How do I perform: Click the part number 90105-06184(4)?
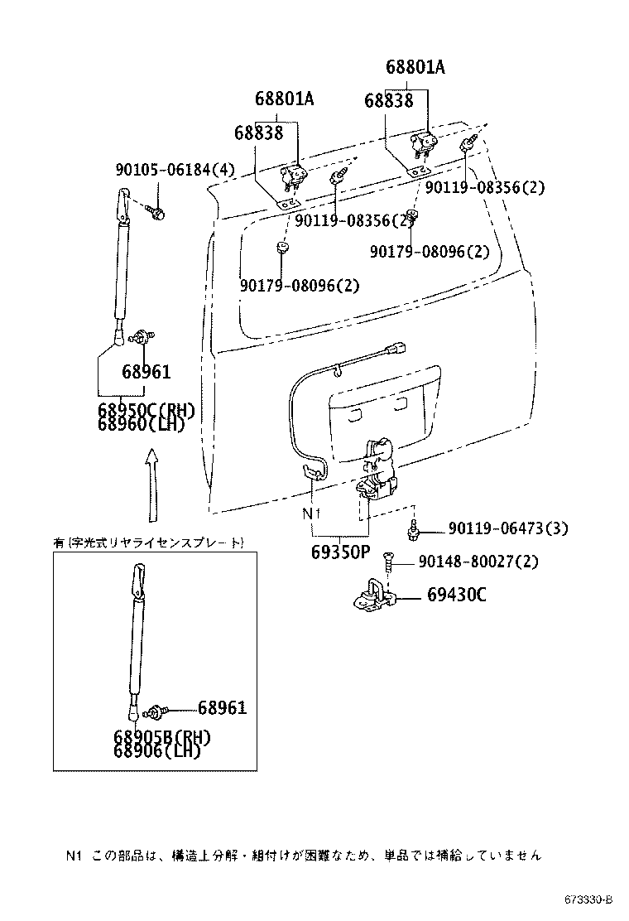click(x=175, y=171)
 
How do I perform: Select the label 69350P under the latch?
click(x=339, y=552)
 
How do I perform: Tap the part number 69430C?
click(x=457, y=596)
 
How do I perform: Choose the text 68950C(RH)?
click(x=145, y=410)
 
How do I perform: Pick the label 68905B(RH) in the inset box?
click(x=162, y=737)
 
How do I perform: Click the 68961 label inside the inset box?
click(x=222, y=708)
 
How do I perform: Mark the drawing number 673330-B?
click(x=588, y=899)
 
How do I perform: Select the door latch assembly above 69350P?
click(x=378, y=472)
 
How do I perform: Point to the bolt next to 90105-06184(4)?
click(x=157, y=214)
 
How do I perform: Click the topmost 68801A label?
click(x=415, y=68)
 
